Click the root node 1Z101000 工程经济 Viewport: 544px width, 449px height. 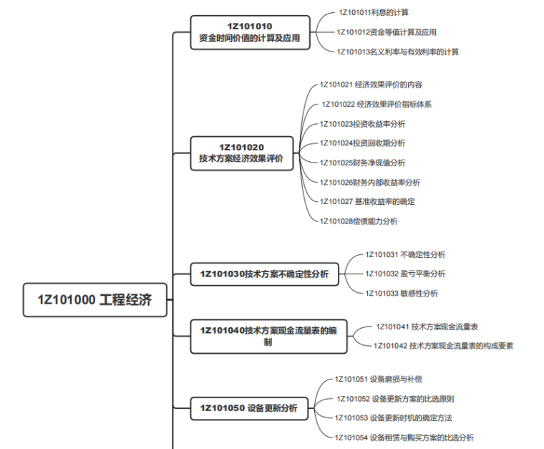[95, 300]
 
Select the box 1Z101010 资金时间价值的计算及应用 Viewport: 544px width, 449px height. [250, 33]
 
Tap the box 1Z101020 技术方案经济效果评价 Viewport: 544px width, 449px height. [241, 154]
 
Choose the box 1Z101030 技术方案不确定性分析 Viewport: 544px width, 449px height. [264, 274]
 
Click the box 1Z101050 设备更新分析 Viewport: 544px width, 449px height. [249, 409]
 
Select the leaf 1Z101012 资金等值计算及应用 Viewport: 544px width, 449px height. [387, 32]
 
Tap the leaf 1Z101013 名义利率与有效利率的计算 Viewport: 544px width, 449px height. [398, 52]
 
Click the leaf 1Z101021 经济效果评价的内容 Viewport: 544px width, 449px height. [371, 85]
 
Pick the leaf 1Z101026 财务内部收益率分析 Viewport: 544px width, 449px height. [370, 182]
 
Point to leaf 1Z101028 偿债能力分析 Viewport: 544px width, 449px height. [359, 221]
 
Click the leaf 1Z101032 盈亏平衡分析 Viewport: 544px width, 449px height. [405, 274]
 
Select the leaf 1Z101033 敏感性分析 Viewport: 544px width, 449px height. [402, 293]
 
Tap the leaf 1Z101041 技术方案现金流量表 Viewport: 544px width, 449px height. [427, 327]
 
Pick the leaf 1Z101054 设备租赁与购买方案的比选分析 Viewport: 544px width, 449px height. [404, 437]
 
